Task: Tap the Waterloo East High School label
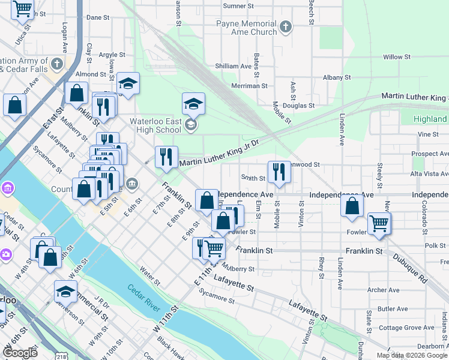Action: point(155,125)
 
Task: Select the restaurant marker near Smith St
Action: point(279,172)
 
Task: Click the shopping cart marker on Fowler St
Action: point(379,224)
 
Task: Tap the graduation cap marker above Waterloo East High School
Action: point(193,104)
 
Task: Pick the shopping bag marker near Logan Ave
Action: point(76,93)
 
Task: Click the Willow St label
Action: point(396,57)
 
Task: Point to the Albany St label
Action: point(336,77)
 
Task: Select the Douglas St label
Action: point(299,106)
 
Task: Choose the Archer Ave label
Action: point(384,290)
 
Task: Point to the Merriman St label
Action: point(251,86)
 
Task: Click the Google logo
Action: point(20,352)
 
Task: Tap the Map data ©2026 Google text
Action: point(411,355)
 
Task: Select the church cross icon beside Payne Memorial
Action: point(286,27)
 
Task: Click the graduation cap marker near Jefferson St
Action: point(65,292)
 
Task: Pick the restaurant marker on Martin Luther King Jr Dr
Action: point(166,157)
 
